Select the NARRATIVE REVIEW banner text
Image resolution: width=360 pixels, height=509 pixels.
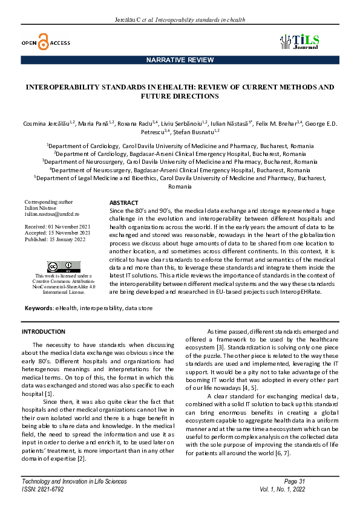coord(180,60)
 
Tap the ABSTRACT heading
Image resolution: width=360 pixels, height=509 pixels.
coord(123,203)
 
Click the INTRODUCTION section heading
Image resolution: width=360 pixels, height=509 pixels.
coord(44,332)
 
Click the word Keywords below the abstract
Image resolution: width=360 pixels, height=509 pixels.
coord(38,308)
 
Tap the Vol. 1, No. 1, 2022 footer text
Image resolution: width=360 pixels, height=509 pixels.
coord(284,488)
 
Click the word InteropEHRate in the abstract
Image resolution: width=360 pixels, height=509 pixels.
coord(301,291)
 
